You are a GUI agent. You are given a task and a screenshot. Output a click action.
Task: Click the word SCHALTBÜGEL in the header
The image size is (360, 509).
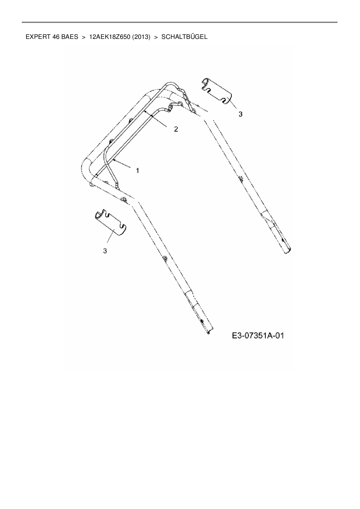[184, 37]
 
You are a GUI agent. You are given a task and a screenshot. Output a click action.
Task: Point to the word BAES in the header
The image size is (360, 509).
[70, 37]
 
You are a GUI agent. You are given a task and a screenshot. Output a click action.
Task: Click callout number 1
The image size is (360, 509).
[138, 171]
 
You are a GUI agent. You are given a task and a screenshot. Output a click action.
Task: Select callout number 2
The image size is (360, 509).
[176, 129]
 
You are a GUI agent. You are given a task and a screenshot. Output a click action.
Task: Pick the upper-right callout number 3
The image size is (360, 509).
[240, 114]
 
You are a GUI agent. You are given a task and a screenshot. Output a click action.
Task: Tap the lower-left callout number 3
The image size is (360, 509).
[105, 251]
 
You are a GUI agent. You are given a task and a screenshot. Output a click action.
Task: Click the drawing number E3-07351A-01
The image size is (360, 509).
[258, 336]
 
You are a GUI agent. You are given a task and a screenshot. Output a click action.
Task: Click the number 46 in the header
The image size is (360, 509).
[56, 37]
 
